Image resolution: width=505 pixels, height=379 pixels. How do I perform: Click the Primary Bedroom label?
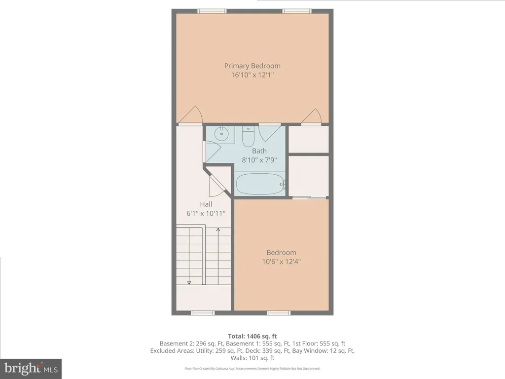(252, 66)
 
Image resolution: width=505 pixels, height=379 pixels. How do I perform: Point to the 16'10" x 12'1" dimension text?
(252, 75)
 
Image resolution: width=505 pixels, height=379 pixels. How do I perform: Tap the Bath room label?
(259, 151)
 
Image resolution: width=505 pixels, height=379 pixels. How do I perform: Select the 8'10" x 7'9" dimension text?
(259, 160)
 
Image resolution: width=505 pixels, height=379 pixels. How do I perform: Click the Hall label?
(206, 204)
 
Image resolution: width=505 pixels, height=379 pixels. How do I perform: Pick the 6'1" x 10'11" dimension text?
(206, 213)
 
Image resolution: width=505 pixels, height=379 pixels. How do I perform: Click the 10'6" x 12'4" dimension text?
(282, 262)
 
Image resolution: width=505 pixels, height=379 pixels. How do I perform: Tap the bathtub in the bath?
(260, 185)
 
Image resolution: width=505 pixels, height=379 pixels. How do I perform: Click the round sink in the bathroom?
(222, 133)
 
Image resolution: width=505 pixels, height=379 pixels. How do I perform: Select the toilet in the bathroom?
(248, 137)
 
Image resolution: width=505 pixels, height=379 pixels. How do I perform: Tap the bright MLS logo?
(31, 368)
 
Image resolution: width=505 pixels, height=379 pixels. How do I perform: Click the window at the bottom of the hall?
(203, 313)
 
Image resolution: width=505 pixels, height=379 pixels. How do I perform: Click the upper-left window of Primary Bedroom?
(212, 11)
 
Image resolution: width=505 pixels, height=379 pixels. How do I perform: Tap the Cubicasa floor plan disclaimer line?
(252, 369)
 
